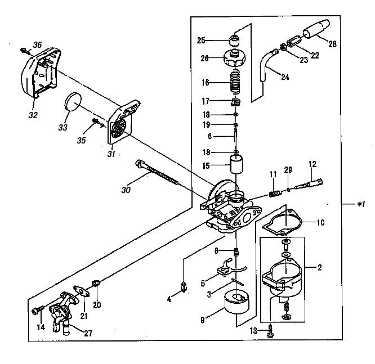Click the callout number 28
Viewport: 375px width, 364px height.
click(x=332, y=43)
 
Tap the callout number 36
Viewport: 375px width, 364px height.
click(x=38, y=45)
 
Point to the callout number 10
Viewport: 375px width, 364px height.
click(x=320, y=223)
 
